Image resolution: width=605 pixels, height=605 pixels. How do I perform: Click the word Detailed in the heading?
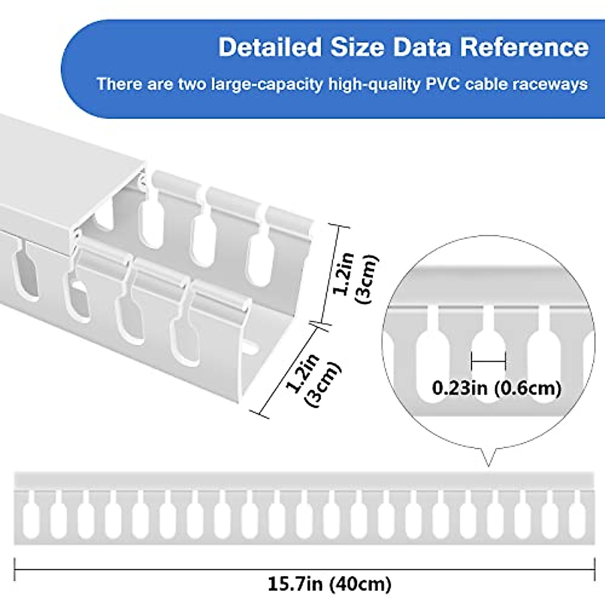click(270, 47)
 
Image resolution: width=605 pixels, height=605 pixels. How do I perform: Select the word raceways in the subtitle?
click(551, 84)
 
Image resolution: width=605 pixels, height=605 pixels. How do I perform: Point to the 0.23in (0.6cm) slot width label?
click(497, 388)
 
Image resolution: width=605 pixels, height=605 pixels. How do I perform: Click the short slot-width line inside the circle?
click(488, 361)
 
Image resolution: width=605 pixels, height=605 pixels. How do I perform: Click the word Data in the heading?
click(422, 47)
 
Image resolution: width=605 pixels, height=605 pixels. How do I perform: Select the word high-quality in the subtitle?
click(374, 84)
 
